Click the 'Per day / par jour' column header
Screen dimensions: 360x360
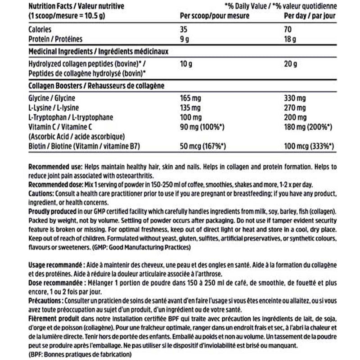tap(308, 16)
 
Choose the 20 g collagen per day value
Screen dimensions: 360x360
tap(290, 64)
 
